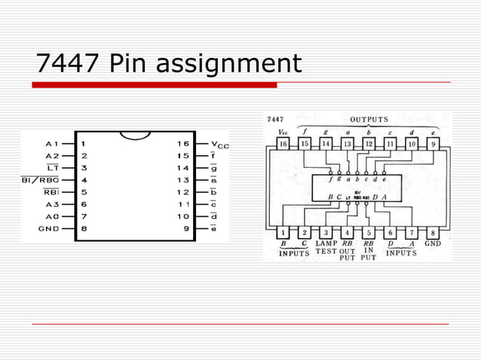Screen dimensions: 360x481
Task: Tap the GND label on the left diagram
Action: (49, 227)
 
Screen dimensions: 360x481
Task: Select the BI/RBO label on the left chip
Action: (40, 180)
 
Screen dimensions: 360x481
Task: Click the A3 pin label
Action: (52, 203)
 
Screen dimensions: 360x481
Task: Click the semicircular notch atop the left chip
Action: (136, 136)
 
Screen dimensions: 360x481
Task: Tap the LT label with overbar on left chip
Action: (52, 168)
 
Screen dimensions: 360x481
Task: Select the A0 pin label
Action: (52, 215)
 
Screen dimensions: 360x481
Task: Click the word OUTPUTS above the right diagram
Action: (369, 119)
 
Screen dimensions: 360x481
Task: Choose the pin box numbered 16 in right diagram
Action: (283, 143)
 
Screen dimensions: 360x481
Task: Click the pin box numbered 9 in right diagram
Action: (434, 143)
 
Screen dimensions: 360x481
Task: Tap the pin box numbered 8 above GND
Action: (434, 233)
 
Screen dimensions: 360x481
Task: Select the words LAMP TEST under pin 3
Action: (326, 248)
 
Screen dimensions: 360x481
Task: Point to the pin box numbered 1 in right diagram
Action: (283, 233)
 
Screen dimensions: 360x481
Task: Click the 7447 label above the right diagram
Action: (275, 120)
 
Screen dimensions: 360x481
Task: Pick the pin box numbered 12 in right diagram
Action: (369, 143)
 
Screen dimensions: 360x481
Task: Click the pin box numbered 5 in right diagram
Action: (369, 233)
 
